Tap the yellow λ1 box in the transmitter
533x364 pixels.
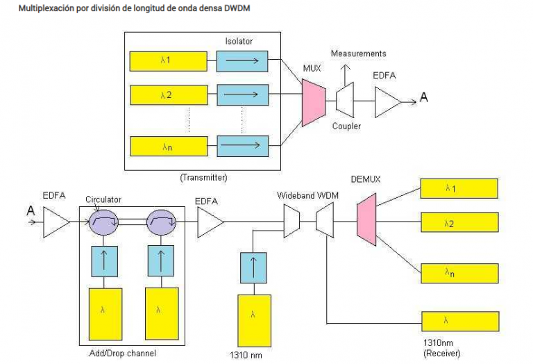tap(169, 61)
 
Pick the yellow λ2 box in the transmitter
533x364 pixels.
tap(169, 93)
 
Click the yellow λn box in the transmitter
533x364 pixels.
tap(169, 146)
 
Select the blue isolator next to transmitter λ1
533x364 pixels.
tap(240, 61)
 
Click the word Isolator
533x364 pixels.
tap(239, 41)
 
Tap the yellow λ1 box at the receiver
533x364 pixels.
tap(459, 188)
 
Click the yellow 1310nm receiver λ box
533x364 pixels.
tap(459, 322)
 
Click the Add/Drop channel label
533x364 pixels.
tap(123, 353)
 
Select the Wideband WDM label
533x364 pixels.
tap(307, 197)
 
